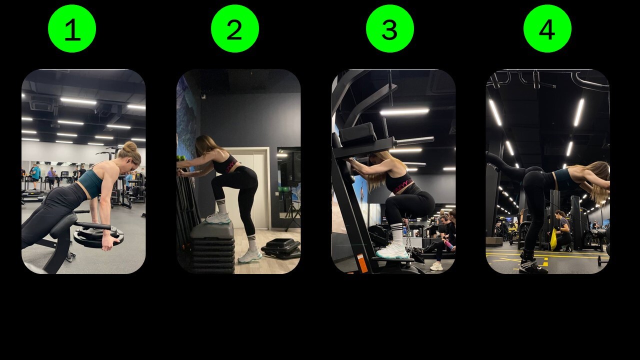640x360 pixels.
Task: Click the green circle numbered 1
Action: pyautogui.click(x=72, y=28)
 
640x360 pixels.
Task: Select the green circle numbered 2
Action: pyautogui.click(x=235, y=28)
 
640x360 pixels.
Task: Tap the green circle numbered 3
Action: pyautogui.click(x=390, y=28)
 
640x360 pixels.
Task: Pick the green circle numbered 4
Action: pyautogui.click(x=547, y=28)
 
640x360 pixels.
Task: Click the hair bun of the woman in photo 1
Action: pyautogui.click(x=130, y=147)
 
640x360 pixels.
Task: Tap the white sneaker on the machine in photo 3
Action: pyautogui.click(x=392, y=251)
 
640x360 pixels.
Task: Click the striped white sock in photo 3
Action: pyautogui.click(x=397, y=233)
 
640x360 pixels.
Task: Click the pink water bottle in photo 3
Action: pyautogui.click(x=449, y=245)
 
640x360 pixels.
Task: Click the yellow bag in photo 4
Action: pyautogui.click(x=553, y=239)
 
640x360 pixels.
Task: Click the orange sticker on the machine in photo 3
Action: pyautogui.click(x=362, y=263)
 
